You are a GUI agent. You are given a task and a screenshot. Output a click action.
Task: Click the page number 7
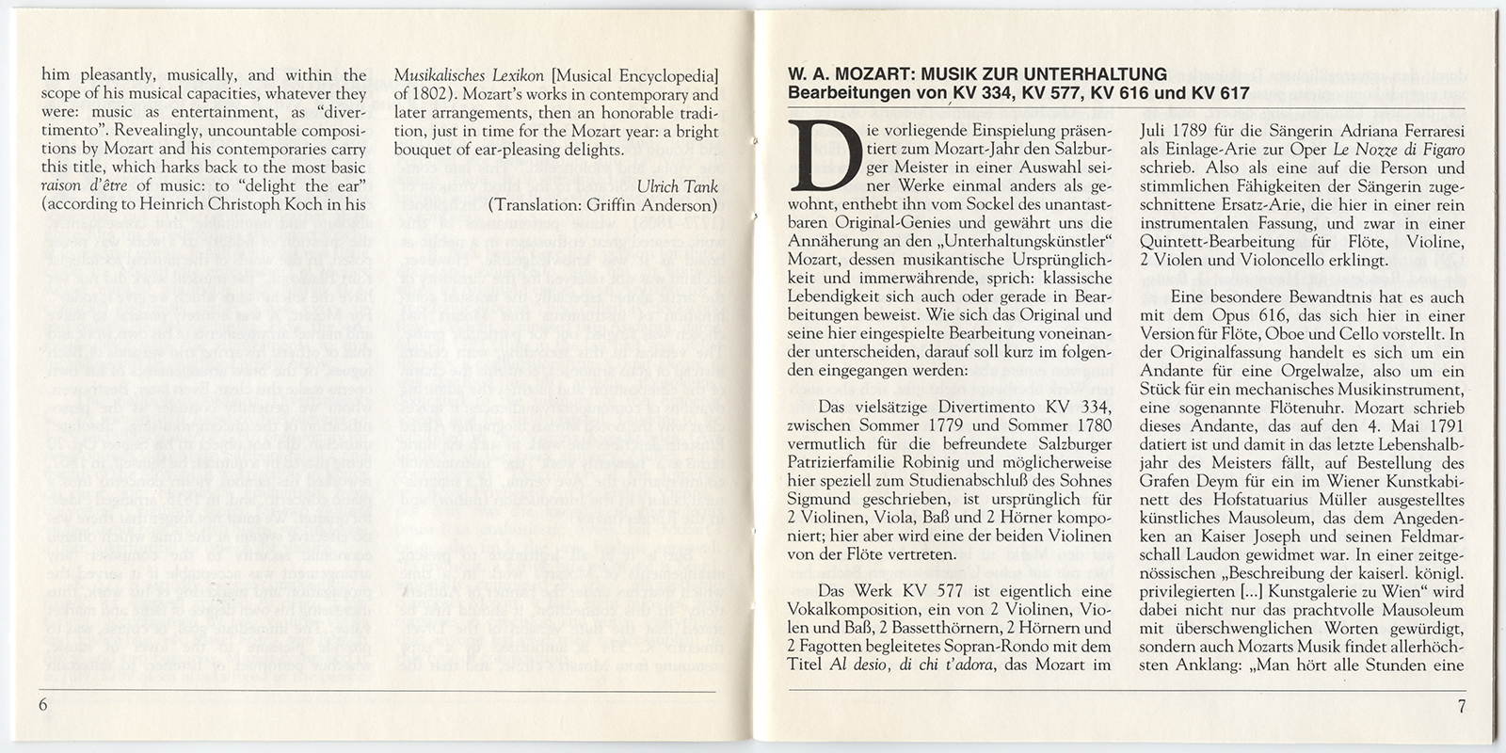coord(1462,707)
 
